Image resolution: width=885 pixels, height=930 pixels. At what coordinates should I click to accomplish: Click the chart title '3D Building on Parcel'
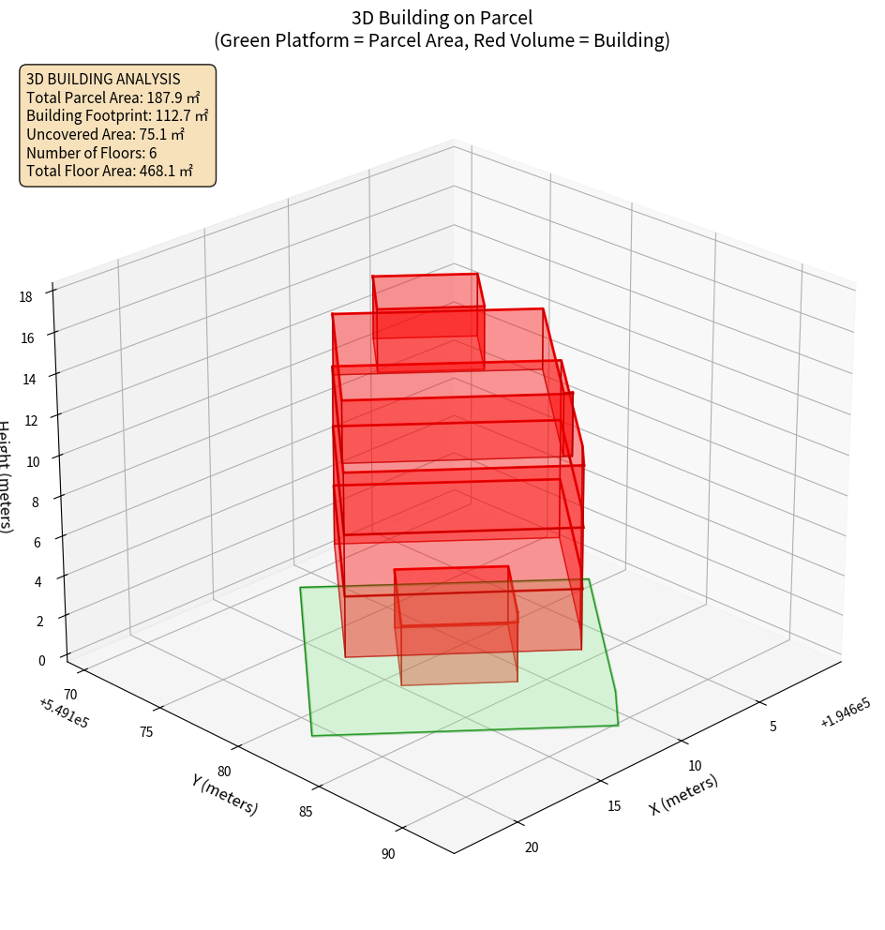pyautogui.click(x=442, y=18)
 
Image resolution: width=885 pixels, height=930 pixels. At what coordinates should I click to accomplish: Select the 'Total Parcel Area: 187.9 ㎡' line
pyautogui.click(x=113, y=97)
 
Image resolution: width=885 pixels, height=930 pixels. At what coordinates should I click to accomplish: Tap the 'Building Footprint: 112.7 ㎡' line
pyautogui.click(x=117, y=115)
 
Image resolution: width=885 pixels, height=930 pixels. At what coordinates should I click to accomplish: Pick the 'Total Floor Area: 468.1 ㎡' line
pyautogui.click(x=110, y=171)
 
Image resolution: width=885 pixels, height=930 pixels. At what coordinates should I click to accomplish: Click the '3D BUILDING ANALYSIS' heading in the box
pyautogui.click(x=103, y=80)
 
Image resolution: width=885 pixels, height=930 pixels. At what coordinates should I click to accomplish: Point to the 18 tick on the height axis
pyautogui.click(x=25, y=297)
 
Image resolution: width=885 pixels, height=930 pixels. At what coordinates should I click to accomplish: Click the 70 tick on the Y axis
pyautogui.click(x=70, y=693)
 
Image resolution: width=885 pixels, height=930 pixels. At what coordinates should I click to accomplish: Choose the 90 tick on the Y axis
pyautogui.click(x=388, y=853)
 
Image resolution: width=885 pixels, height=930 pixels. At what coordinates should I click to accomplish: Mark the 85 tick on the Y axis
pyautogui.click(x=306, y=811)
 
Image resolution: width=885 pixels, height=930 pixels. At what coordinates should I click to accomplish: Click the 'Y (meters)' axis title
pyautogui.click(x=225, y=794)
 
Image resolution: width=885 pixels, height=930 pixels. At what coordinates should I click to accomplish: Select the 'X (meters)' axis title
pyautogui.click(x=683, y=794)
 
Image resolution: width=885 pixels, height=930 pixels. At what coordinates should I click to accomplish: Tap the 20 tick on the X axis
pyautogui.click(x=532, y=847)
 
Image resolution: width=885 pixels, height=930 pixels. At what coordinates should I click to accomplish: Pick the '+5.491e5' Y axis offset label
pyautogui.click(x=65, y=713)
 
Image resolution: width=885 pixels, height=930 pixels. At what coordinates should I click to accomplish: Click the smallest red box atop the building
pyautogui.click(x=427, y=307)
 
